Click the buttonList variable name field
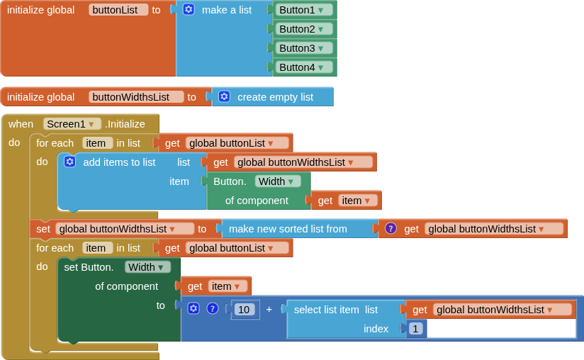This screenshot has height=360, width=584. coord(118,10)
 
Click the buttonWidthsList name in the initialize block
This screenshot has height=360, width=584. coord(136,97)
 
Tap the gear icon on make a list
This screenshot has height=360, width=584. coord(189,10)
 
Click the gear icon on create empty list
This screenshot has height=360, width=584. coord(224,97)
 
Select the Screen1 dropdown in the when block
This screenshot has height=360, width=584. coord(72,123)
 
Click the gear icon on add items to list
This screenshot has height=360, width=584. coord(69,162)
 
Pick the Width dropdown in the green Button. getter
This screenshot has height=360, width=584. coord(277,181)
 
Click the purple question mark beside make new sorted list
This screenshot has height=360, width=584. coord(391,228)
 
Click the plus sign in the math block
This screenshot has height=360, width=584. coord(269,309)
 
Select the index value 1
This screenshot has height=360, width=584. coord(416,328)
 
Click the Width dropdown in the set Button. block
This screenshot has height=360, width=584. coord(147,267)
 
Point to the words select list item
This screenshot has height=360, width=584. coord(326,309)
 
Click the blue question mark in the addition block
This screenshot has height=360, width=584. coord(212,308)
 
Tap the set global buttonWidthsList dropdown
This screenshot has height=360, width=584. coord(125,228)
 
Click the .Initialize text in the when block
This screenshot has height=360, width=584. coord(125,123)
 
